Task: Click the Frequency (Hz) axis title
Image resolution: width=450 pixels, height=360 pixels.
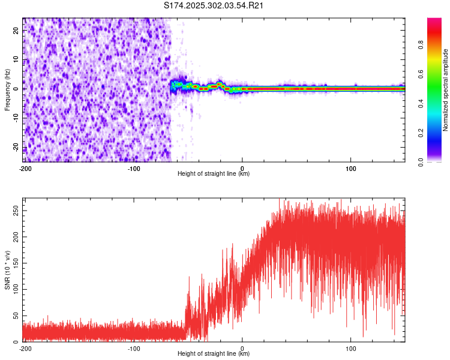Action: click(7, 89)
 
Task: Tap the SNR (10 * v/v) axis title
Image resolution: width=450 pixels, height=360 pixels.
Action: click(7, 269)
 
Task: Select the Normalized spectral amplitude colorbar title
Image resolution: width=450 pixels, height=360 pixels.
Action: click(446, 90)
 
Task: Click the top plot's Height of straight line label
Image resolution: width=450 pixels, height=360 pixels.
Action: click(214, 174)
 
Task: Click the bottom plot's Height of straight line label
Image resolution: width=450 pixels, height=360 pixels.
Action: click(214, 354)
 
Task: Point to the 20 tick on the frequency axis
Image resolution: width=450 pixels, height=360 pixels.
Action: click(17, 32)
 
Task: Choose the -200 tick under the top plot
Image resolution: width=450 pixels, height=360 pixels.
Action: click(25, 168)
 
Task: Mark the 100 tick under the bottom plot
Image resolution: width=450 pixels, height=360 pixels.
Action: click(352, 348)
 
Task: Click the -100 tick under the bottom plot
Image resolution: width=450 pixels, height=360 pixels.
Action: click(134, 348)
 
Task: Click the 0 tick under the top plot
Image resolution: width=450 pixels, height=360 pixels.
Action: click(242, 168)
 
